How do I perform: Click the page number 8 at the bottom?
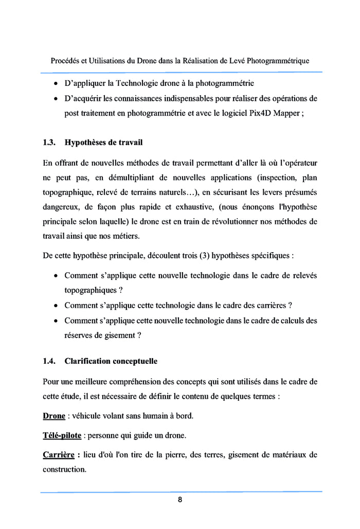(180, 500)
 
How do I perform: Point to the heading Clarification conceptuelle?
(111, 361)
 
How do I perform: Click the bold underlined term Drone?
(53, 416)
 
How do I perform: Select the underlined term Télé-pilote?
(62, 435)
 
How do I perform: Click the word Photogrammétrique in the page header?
(278, 61)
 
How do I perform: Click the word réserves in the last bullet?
(79, 336)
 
